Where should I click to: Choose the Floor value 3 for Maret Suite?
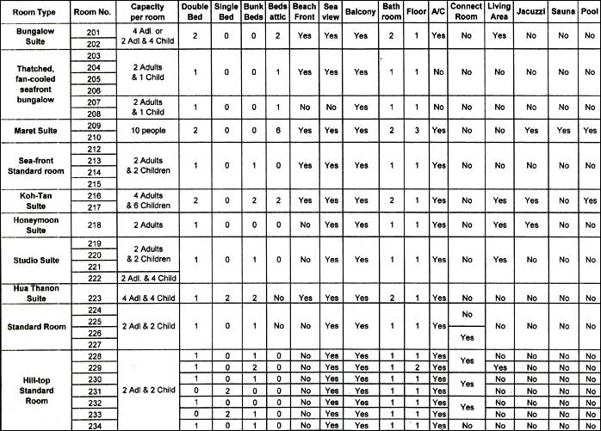tap(416, 130)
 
